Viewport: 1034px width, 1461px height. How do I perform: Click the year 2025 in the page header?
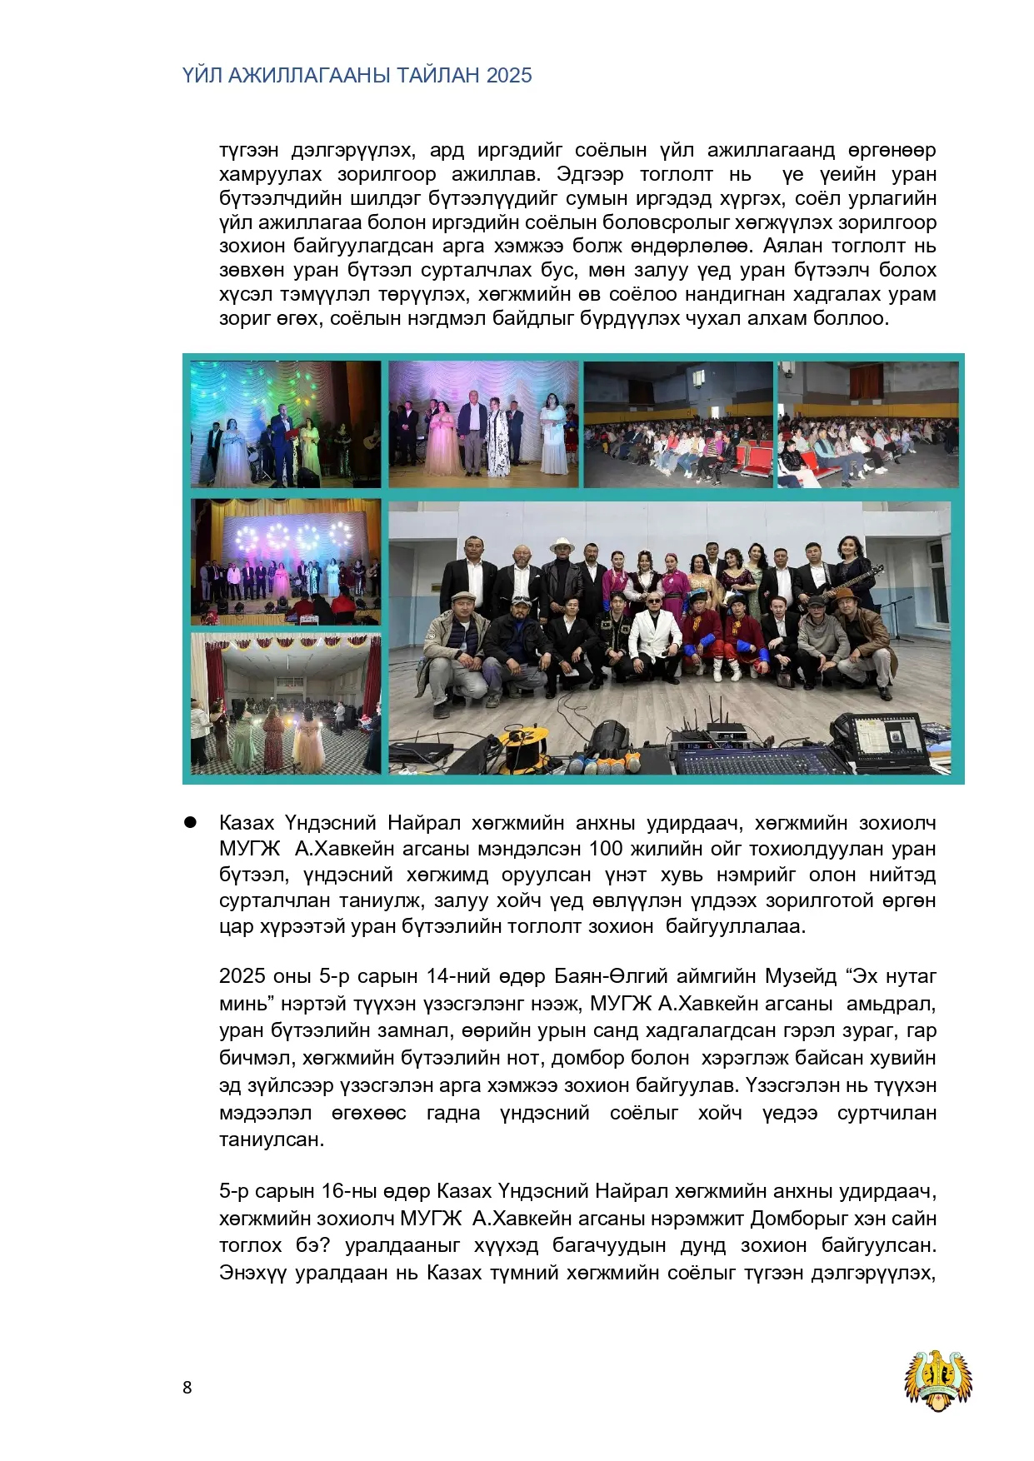[x=509, y=76]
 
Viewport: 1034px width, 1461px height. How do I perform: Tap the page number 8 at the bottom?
[x=187, y=1387]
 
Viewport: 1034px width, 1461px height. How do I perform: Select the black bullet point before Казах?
[x=190, y=822]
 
